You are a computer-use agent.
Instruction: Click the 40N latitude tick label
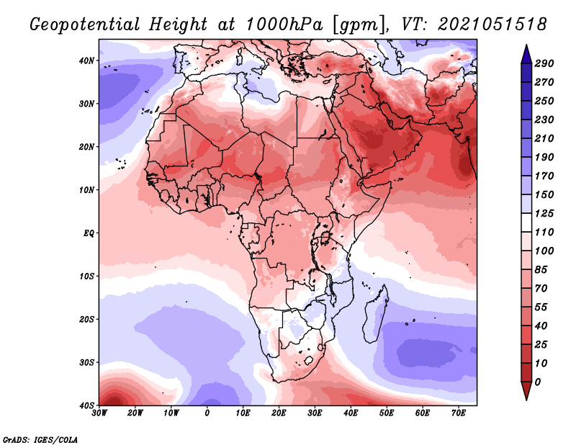click(86, 60)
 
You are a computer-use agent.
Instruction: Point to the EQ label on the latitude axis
click(89, 233)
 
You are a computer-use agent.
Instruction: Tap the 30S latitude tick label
click(86, 363)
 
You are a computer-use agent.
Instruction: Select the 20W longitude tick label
click(135, 413)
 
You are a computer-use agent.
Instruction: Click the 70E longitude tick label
click(459, 413)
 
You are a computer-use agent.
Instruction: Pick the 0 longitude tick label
click(207, 413)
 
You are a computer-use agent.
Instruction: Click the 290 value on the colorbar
click(544, 63)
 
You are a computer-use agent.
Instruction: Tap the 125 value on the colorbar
click(544, 213)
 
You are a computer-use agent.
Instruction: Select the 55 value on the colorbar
click(541, 307)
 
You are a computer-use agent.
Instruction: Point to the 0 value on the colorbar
click(538, 382)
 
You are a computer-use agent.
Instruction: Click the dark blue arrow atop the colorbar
click(526, 54)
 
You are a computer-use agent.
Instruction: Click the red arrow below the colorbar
click(526, 391)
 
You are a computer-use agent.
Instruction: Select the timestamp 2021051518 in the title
click(492, 24)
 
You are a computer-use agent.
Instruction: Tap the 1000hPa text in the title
click(284, 24)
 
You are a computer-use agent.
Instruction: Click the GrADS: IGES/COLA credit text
click(40, 439)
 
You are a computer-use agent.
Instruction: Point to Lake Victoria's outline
click(325, 238)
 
